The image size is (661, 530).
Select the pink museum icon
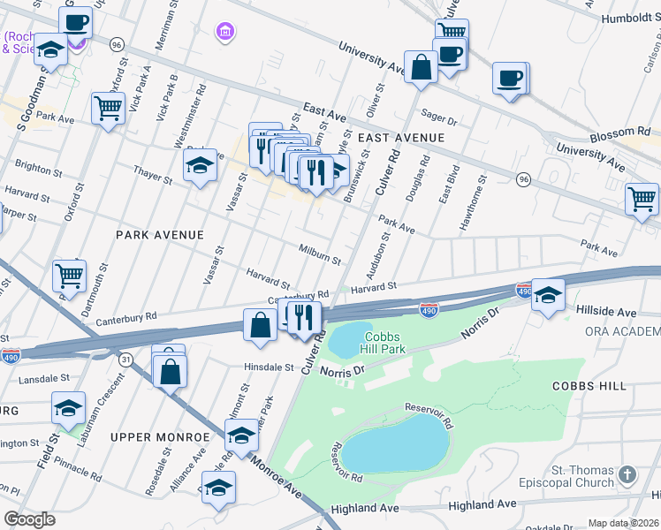[x=226, y=33]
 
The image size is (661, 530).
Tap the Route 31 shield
[x=126, y=360]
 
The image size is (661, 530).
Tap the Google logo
[x=30, y=519]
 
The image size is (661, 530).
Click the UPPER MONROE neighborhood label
[x=151, y=437]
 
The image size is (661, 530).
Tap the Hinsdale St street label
[x=263, y=367]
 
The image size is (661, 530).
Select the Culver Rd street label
[x=387, y=173]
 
